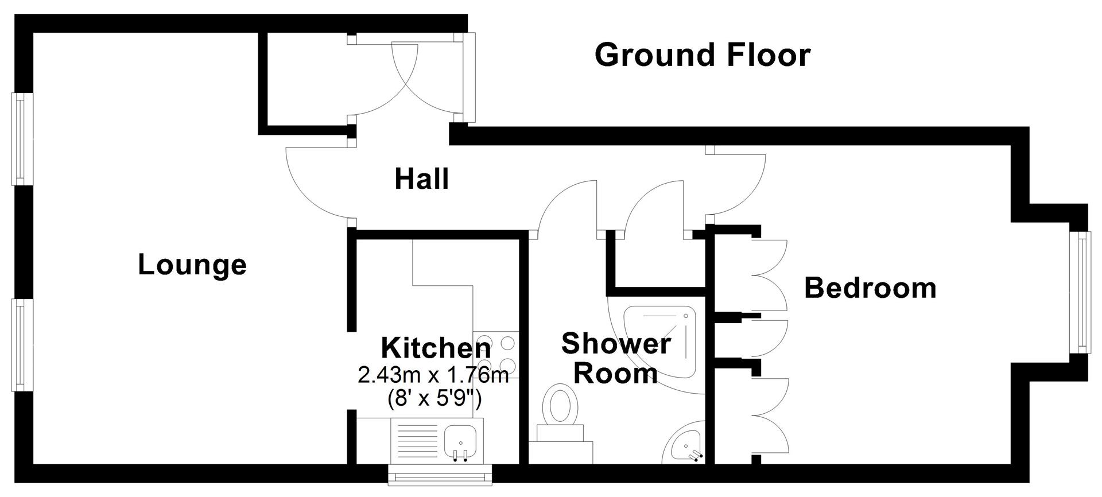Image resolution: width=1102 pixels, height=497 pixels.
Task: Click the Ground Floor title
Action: pos(702,56)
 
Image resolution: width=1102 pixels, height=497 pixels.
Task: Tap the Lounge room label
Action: pos(192,265)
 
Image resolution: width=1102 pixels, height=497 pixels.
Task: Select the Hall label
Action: pos(421,180)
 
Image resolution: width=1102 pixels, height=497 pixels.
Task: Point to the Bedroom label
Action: pos(870,288)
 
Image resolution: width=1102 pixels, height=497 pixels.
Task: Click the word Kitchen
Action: pos(436,348)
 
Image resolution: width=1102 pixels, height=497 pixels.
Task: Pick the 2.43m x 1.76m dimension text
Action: pos(433,376)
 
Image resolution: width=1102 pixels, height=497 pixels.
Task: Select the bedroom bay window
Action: pos(1081,293)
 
